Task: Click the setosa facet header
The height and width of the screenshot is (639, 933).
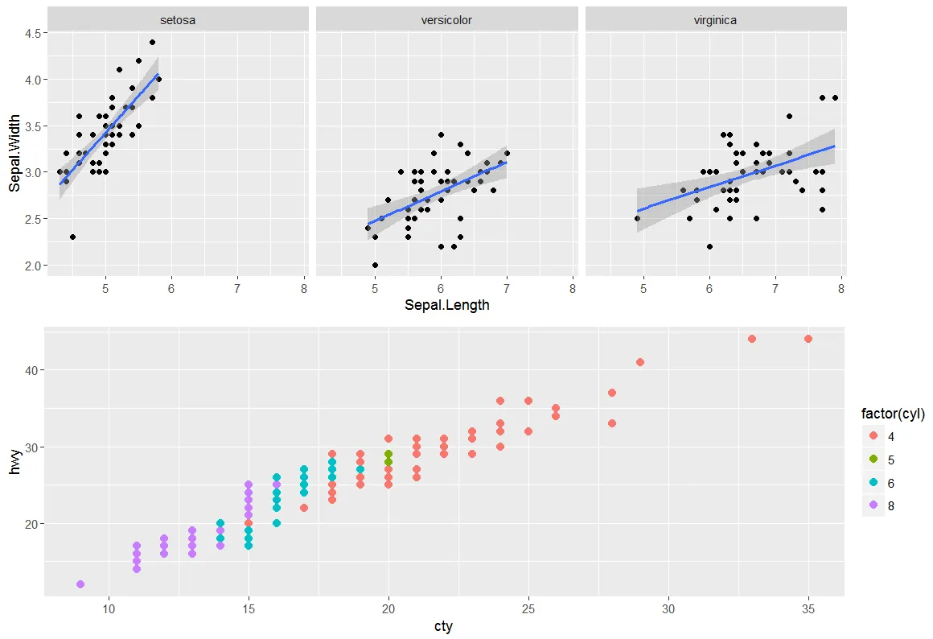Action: [178, 20]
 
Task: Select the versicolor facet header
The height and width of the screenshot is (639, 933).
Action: [446, 20]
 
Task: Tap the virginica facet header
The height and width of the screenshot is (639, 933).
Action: [715, 20]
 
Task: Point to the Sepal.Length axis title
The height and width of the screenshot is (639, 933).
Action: [446, 305]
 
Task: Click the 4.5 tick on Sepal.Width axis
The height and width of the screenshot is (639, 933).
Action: [35, 33]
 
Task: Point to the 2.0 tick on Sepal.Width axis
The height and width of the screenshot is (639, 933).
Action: [35, 266]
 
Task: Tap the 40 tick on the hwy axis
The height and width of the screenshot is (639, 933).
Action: [32, 370]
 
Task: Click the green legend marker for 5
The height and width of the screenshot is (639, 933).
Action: [873, 460]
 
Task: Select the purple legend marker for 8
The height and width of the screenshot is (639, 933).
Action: [873, 506]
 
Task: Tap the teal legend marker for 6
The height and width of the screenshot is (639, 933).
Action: [873, 483]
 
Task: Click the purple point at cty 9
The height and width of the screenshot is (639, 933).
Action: [80, 584]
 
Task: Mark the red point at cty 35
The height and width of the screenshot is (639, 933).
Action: [808, 339]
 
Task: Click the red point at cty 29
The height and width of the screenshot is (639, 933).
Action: [640, 362]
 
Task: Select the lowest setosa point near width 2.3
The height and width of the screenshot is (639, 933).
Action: [72, 237]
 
